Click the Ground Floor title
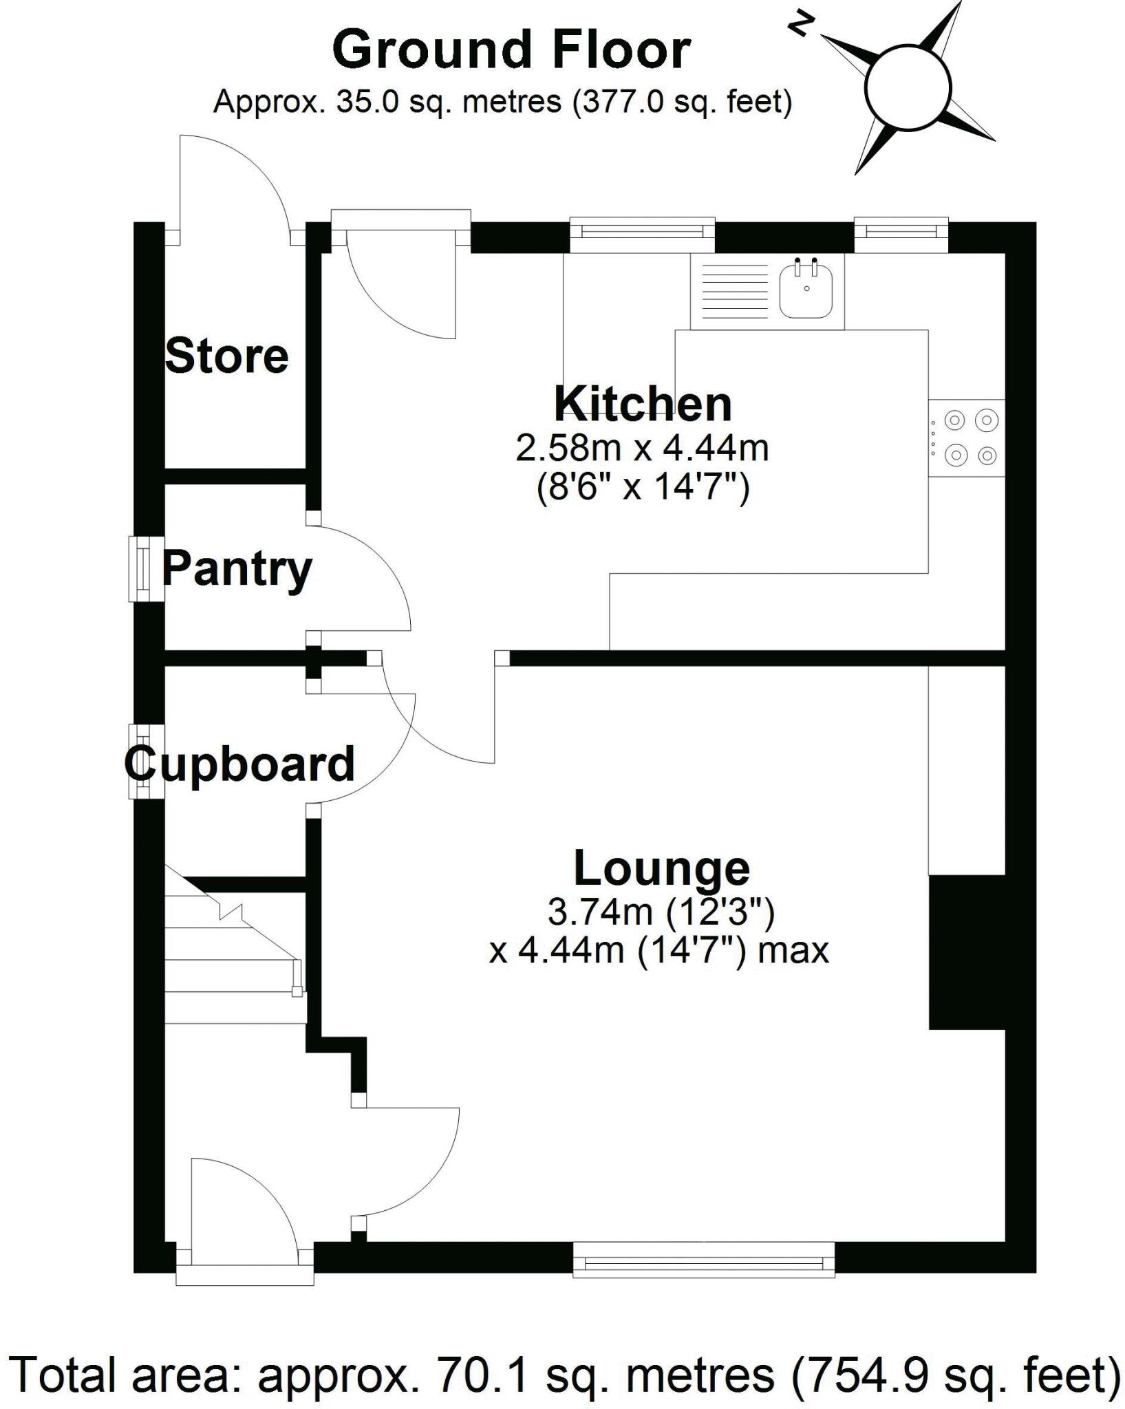click(x=511, y=50)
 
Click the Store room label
click(x=226, y=356)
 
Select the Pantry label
click(x=237, y=570)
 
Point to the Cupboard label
click(x=239, y=764)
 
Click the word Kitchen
click(x=643, y=405)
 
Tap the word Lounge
click(x=661, y=868)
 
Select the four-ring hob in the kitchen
click(x=967, y=438)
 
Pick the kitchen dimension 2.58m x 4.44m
click(x=642, y=449)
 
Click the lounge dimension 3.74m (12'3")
click(x=661, y=913)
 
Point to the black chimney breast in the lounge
click(x=967, y=952)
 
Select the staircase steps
click(x=231, y=956)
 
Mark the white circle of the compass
click(x=908, y=88)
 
